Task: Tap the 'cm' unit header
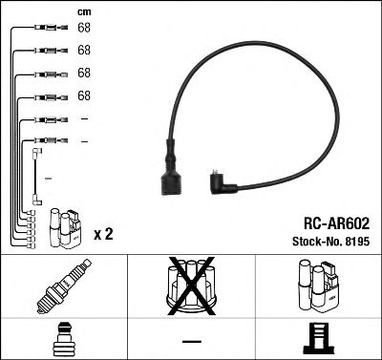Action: [83, 11]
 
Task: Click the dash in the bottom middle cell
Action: [191, 341]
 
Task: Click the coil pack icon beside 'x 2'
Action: [64, 227]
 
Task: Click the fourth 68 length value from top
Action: [84, 95]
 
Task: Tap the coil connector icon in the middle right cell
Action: [318, 284]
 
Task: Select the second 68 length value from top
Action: [84, 50]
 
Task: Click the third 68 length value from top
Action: [84, 73]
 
